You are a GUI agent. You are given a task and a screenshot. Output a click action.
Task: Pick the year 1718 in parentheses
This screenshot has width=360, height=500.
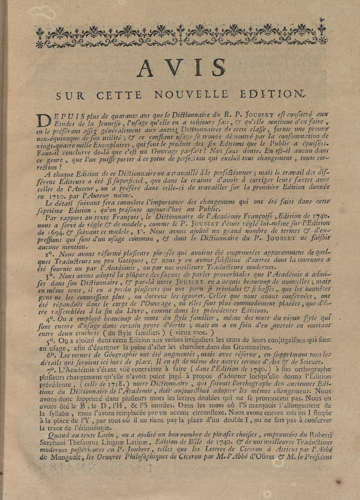[x=130, y=384]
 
